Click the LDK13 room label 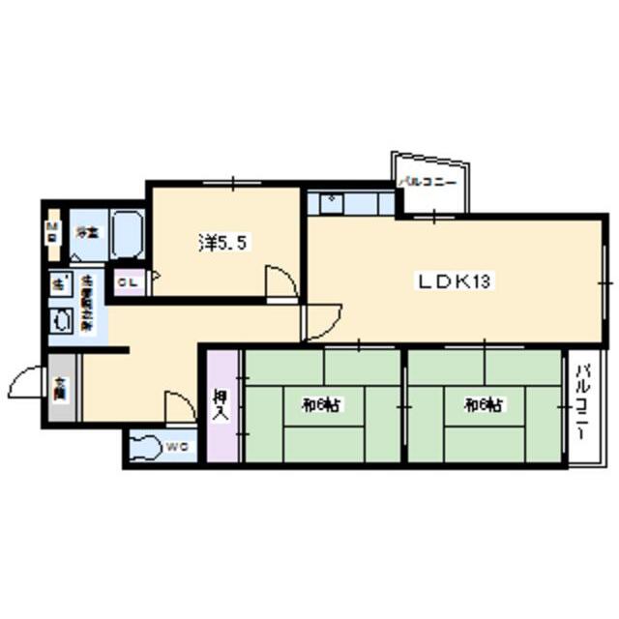click(x=456, y=281)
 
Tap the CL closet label click(x=126, y=281)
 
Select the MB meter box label click(x=52, y=232)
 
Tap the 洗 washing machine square click(x=58, y=284)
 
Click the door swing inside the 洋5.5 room click(x=281, y=284)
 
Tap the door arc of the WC click(x=180, y=406)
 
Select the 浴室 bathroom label click(x=87, y=232)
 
